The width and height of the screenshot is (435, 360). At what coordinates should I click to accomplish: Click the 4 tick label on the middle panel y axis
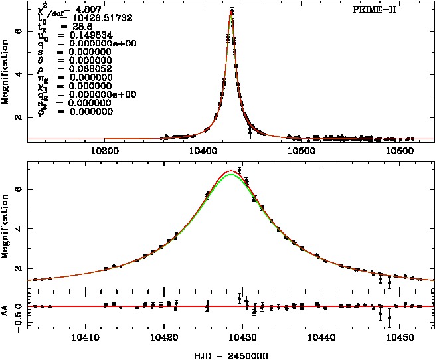tap(20, 229)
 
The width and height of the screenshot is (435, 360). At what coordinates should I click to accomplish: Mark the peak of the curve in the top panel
tap(231, 11)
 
